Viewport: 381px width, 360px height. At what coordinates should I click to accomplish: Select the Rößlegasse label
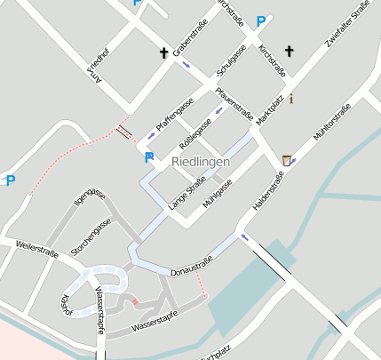tap(196, 133)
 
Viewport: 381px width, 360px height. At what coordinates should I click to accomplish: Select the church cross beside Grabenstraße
tap(164, 53)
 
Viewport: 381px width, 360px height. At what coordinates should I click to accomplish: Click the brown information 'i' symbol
tap(291, 98)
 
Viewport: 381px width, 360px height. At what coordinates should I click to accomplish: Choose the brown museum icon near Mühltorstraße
tap(286, 160)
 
